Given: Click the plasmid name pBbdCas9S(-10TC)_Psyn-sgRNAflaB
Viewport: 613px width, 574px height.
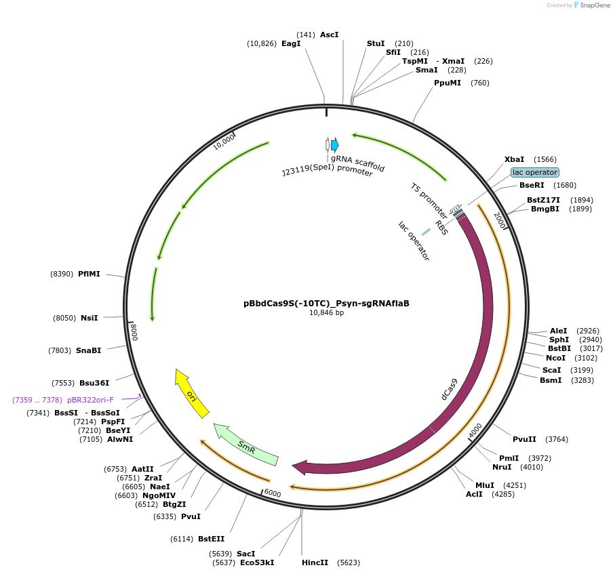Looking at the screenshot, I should coord(326,304).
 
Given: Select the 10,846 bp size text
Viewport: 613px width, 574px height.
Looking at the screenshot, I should coord(326,313).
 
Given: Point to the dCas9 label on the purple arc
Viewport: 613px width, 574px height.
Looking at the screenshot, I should coord(449,390).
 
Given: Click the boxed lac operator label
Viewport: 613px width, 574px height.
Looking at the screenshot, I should coord(535,172).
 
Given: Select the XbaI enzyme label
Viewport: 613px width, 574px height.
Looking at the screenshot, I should coord(514,159).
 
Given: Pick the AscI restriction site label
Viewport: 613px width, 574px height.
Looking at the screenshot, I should coord(329,34).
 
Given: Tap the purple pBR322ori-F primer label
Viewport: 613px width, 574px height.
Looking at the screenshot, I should coord(90,400).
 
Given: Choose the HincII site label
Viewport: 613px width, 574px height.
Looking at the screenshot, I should coord(315,562).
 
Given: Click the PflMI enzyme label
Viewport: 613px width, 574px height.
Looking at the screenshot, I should coord(89,274).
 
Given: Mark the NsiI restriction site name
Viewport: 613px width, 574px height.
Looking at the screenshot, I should coord(90,318).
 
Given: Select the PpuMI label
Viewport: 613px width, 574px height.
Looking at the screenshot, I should coord(448,83).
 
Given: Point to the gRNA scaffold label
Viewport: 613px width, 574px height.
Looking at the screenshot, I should coord(358,163).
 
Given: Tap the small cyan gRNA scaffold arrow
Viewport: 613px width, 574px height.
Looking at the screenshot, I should coord(335,144).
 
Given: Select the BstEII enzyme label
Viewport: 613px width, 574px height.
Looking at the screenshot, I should coord(211,539).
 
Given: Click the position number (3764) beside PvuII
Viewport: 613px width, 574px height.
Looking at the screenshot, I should coord(557,439).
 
